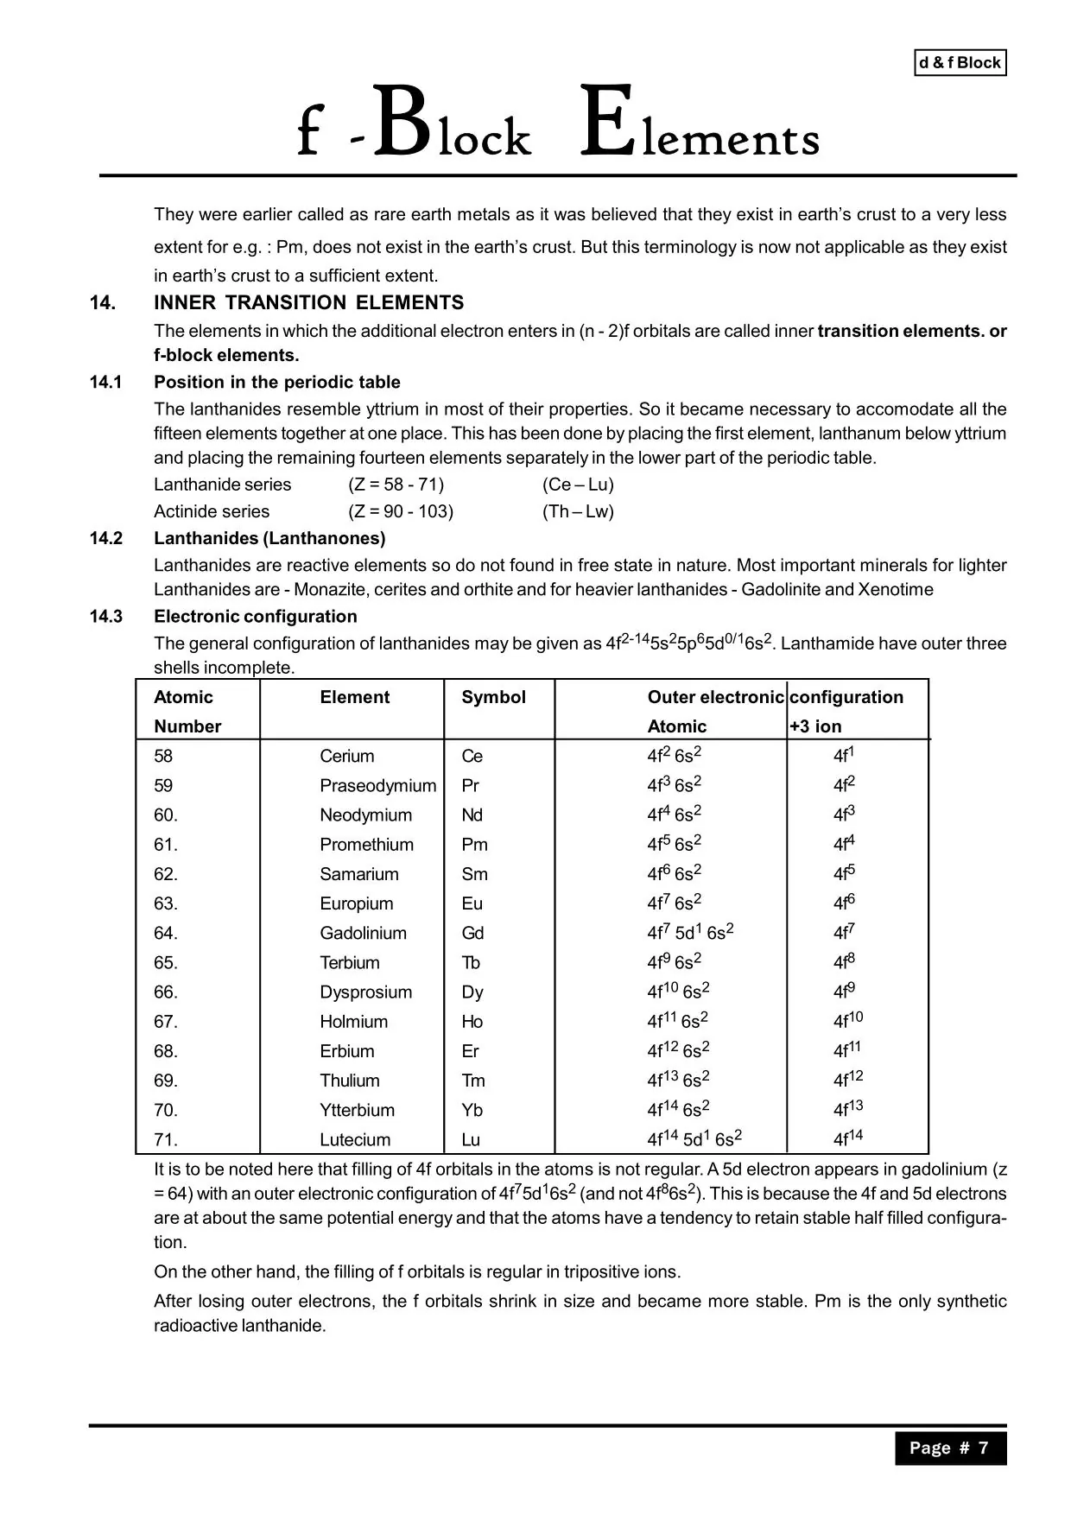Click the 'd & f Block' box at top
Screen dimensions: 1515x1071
(x=960, y=63)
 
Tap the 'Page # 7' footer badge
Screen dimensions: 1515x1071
(x=949, y=1448)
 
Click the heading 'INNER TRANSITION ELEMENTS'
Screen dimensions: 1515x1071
(x=308, y=303)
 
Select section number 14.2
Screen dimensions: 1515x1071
(x=106, y=538)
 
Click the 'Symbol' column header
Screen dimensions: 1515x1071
(x=493, y=697)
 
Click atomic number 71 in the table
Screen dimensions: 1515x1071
(x=165, y=1139)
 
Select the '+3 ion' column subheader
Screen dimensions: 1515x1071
(x=815, y=726)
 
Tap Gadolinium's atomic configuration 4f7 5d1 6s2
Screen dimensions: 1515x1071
(x=690, y=932)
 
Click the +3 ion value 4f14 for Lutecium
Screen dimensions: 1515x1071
(x=847, y=1138)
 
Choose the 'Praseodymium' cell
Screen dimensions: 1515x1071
(x=377, y=786)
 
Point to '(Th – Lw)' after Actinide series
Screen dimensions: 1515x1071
(x=578, y=511)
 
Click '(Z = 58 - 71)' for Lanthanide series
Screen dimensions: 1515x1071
(x=396, y=485)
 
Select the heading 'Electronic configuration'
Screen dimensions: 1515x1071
(x=255, y=617)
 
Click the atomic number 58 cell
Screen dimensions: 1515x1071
(x=163, y=757)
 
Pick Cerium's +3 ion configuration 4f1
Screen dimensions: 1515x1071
(x=843, y=756)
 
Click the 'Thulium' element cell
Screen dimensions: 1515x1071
(x=349, y=1081)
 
